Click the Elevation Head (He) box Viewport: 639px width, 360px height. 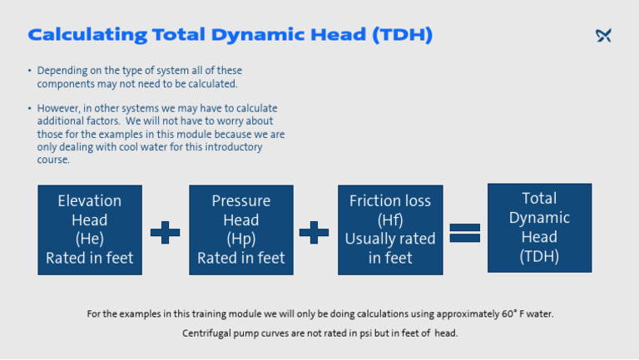(x=90, y=229)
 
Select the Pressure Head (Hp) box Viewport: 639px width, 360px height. (x=240, y=229)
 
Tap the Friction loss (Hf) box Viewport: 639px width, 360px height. (x=390, y=229)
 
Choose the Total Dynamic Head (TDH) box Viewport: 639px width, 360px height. (x=539, y=228)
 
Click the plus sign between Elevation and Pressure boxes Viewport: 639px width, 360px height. (x=165, y=232)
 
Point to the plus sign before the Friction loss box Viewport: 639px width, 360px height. (x=314, y=232)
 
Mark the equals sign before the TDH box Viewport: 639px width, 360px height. (x=465, y=232)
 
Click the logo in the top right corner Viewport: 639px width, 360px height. (x=603, y=35)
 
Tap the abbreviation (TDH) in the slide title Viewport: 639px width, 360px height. (x=403, y=35)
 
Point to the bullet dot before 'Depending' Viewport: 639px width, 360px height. (x=29, y=72)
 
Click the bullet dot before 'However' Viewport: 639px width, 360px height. (x=29, y=109)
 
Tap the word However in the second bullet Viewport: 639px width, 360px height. (x=59, y=109)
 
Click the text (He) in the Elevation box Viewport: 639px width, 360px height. (x=90, y=239)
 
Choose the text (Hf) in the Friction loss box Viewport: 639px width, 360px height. (x=390, y=220)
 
